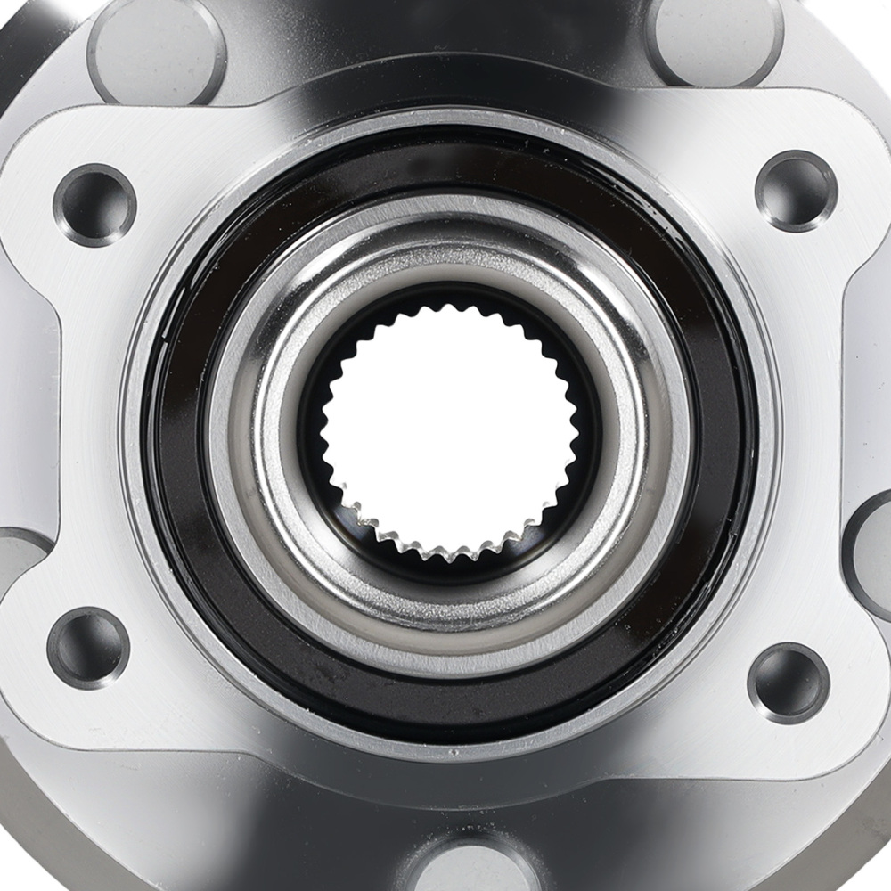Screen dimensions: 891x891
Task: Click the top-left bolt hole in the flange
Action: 94,205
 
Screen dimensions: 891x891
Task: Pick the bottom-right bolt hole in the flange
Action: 789,683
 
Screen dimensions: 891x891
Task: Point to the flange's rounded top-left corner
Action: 45,134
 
